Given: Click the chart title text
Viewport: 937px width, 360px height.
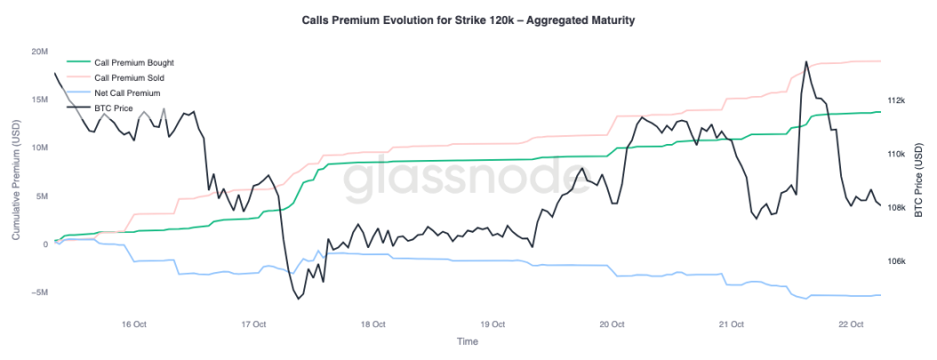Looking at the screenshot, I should [x=468, y=20].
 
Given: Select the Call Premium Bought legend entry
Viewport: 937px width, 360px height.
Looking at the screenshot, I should [x=133, y=63].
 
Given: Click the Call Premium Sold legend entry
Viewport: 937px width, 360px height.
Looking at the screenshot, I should [x=129, y=78].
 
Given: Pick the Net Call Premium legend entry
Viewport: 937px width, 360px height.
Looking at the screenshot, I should [x=126, y=93].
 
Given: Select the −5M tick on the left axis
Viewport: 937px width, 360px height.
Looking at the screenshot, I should [x=38, y=292].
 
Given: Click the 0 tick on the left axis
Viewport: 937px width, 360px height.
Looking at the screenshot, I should [x=45, y=244].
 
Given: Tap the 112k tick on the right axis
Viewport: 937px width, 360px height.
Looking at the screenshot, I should [x=895, y=100].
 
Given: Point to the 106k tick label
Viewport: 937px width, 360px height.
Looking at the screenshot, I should [x=895, y=262].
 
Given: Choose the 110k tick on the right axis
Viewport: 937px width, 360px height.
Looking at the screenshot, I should [x=895, y=155].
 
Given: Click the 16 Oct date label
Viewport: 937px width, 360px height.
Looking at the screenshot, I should [x=133, y=324].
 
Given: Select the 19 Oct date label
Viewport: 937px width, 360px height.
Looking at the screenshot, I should [x=493, y=324].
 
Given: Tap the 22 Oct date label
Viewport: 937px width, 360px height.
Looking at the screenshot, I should [x=852, y=324].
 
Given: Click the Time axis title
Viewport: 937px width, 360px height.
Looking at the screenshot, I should [x=468, y=341].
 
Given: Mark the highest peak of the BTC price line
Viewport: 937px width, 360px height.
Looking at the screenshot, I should [x=805, y=62].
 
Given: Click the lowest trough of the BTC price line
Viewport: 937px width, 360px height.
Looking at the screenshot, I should [x=298, y=299].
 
